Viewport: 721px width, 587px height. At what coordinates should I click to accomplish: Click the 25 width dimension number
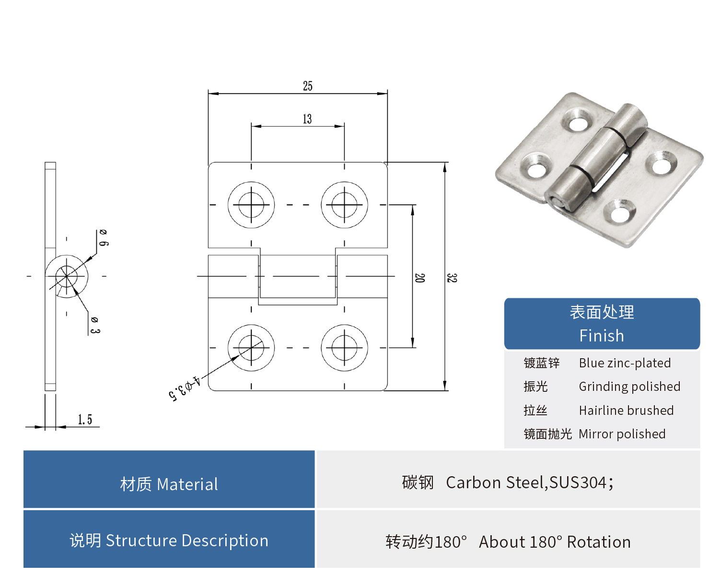coord(307,86)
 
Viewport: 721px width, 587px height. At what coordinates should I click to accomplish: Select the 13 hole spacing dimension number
coord(307,119)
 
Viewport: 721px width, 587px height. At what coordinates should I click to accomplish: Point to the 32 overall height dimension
coord(452,278)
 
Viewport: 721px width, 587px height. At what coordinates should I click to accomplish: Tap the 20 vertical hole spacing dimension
coord(419,278)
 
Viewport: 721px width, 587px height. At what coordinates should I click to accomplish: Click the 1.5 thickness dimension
coord(85,420)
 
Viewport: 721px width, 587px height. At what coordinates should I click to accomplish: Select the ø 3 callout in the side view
coord(95,325)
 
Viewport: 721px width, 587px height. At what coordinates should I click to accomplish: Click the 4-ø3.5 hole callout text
coord(184,388)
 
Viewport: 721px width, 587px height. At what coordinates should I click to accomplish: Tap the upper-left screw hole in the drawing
coord(251,205)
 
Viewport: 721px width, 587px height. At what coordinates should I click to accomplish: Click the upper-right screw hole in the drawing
coord(344,205)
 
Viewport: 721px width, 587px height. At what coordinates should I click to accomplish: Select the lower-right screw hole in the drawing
coord(344,348)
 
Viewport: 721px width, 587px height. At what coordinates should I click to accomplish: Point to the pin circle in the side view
coord(67,277)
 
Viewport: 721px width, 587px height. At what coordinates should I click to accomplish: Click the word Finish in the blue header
coord(602,336)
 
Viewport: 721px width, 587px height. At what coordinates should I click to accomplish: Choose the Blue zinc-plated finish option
coord(625,363)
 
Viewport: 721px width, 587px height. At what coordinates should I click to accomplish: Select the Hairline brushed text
coord(626,411)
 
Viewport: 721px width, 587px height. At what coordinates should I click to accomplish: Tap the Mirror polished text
coord(622,434)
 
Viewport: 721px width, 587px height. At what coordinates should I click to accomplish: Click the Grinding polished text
coord(629,387)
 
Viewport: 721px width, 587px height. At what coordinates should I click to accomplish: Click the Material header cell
coord(169,484)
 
